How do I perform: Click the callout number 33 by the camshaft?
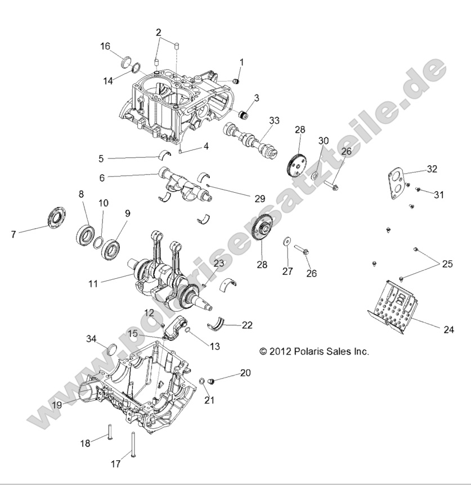(274, 120)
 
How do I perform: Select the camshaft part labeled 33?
(259, 140)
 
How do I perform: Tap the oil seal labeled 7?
(56, 217)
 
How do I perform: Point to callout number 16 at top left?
(105, 46)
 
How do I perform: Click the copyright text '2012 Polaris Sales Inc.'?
(314, 351)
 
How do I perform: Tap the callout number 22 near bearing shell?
(246, 325)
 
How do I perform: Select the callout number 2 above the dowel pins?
(158, 31)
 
